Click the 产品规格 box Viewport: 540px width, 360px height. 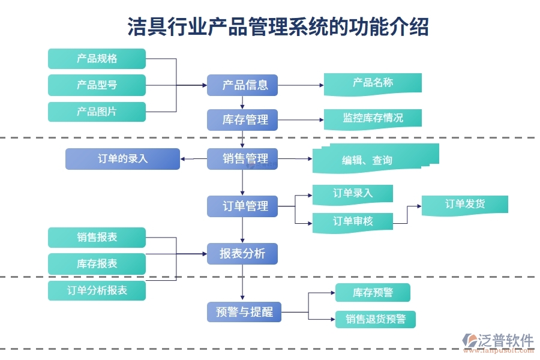pos(97,59)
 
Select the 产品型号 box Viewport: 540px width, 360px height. pos(97,85)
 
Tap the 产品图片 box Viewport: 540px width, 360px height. pos(97,112)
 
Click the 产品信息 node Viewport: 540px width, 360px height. pos(242,85)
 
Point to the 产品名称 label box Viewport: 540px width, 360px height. pos(373,83)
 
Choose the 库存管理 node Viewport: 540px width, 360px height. pos(242,120)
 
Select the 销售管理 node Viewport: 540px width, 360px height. pos(242,159)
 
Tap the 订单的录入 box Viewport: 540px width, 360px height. pos(122,159)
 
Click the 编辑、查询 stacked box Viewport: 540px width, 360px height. pos(375,159)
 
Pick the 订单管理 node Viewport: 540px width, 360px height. pos(242,206)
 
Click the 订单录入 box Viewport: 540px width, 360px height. pos(353,193)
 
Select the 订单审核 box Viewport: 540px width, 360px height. pos(353,221)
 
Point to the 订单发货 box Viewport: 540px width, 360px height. pos(465,204)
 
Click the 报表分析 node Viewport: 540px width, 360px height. pos(242,254)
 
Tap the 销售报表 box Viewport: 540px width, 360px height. pos(97,238)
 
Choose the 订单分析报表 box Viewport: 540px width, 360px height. pos(97,291)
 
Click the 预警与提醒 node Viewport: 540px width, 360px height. pos(244,312)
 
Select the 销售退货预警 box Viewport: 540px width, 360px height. pos(376,319)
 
